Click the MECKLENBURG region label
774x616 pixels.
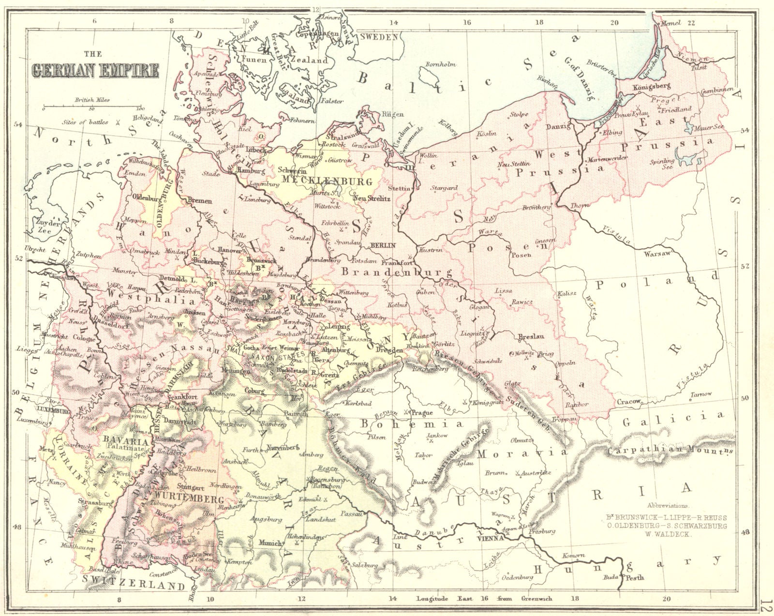click(x=323, y=181)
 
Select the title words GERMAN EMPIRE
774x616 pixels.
click(x=95, y=71)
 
